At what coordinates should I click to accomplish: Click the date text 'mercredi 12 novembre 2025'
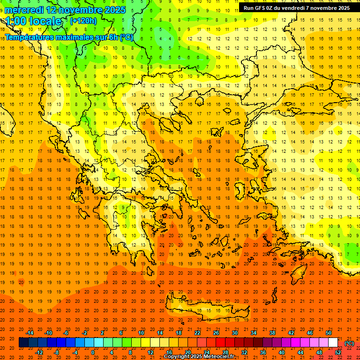point(65,10)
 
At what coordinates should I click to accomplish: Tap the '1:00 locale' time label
point(33,21)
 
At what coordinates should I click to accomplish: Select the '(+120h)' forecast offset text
point(83,21)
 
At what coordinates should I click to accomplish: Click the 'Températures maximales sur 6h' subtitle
point(69,37)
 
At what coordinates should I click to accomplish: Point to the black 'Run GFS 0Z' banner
point(296,8)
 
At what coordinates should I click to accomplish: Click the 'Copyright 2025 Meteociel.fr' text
point(199,357)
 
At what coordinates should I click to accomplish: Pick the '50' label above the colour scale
point(329,333)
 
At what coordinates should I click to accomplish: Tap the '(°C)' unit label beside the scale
point(349,343)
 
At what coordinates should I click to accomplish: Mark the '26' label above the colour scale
point(216,333)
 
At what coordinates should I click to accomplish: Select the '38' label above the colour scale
point(272,333)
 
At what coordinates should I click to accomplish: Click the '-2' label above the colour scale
point(84,333)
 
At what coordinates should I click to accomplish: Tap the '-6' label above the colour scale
point(66,333)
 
